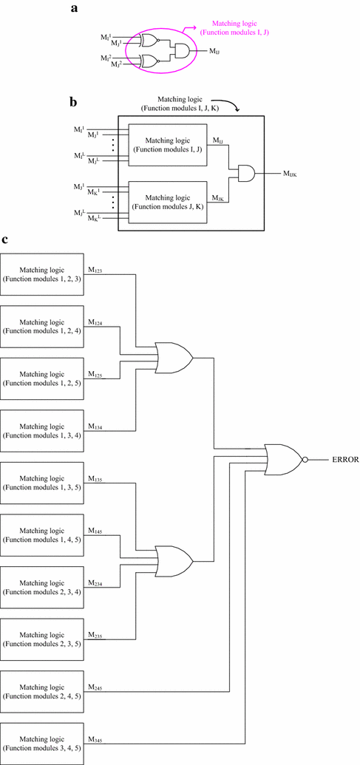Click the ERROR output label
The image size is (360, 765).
tap(344, 459)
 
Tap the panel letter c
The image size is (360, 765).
tap(5, 240)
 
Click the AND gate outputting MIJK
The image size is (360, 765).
tap(245, 174)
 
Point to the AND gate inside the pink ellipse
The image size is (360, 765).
tap(179, 50)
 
